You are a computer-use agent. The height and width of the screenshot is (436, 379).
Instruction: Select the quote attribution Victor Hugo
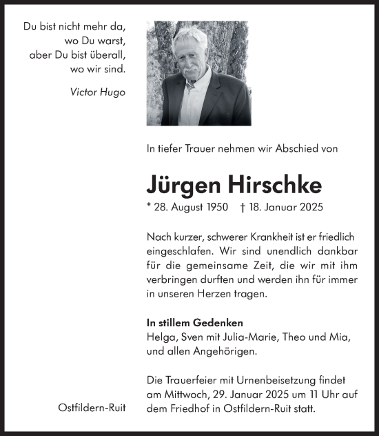[x=98, y=92]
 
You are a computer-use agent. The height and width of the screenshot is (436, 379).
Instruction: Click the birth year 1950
[x=214, y=207]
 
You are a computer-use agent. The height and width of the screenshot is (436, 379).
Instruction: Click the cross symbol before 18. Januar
[x=244, y=207]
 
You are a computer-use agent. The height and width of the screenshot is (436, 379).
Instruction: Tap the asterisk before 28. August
[x=149, y=206]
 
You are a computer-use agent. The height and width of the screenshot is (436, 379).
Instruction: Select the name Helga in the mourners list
[x=161, y=337]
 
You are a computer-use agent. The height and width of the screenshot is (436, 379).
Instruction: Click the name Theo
[x=289, y=337]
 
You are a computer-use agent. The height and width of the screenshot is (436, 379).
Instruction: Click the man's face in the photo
[x=192, y=54]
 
